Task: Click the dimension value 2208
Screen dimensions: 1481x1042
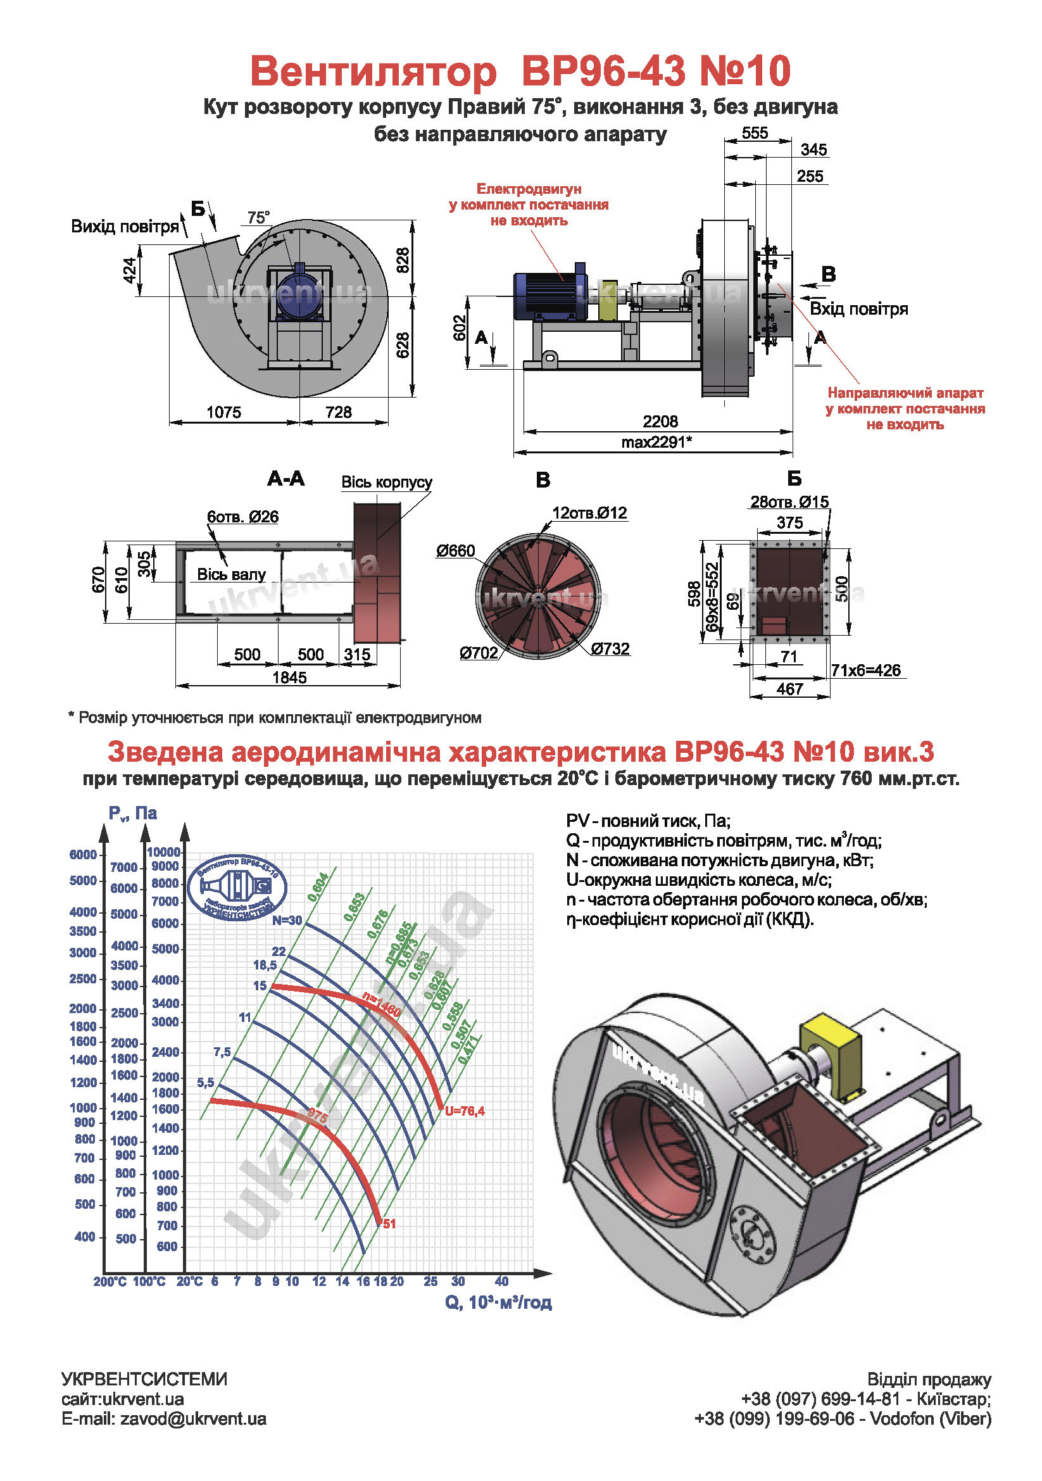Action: [x=660, y=422]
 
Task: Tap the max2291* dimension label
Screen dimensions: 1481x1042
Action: [x=656, y=443]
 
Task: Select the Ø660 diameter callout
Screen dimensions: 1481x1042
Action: [x=455, y=551]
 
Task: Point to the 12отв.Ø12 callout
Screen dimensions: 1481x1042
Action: [x=589, y=513]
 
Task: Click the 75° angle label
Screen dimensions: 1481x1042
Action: [x=258, y=218]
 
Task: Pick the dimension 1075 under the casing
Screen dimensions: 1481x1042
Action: [x=223, y=412]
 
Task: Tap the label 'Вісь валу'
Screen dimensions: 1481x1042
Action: [x=231, y=575]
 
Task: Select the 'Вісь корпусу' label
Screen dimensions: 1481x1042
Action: [x=386, y=482]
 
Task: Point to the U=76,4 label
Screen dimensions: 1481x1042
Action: [x=464, y=1111]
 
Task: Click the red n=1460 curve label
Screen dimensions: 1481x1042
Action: [x=381, y=1004]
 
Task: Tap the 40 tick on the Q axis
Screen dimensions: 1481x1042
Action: [x=501, y=1281]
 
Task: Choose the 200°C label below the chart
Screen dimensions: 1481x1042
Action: [x=110, y=1282]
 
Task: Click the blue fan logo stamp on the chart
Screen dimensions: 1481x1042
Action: [x=237, y=888]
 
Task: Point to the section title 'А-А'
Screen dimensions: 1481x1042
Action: [x=286, y=479]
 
